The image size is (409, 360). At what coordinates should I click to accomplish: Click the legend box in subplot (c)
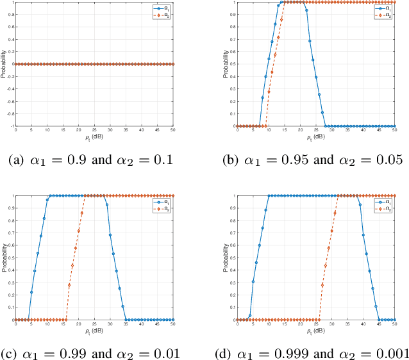163,204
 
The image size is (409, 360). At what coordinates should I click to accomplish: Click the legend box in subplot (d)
385,204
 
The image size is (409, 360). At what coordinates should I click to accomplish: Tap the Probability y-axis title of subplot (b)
225,64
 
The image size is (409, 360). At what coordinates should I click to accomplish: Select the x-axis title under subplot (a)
95,137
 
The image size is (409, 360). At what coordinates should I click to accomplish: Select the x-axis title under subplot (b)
316,137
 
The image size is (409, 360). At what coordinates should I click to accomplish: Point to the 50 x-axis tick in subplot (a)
173,130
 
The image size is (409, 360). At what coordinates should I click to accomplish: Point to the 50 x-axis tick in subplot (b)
395,130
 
